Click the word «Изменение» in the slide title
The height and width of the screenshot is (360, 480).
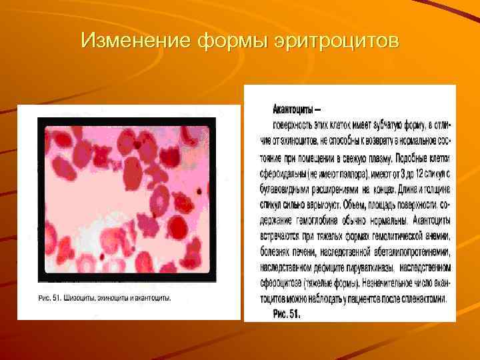tap(135, 41)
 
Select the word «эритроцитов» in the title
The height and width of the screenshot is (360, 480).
tap(337, 41)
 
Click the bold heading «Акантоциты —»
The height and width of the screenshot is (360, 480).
tap(297, 108)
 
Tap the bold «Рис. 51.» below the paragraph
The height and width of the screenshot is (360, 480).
tap(287, 313)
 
